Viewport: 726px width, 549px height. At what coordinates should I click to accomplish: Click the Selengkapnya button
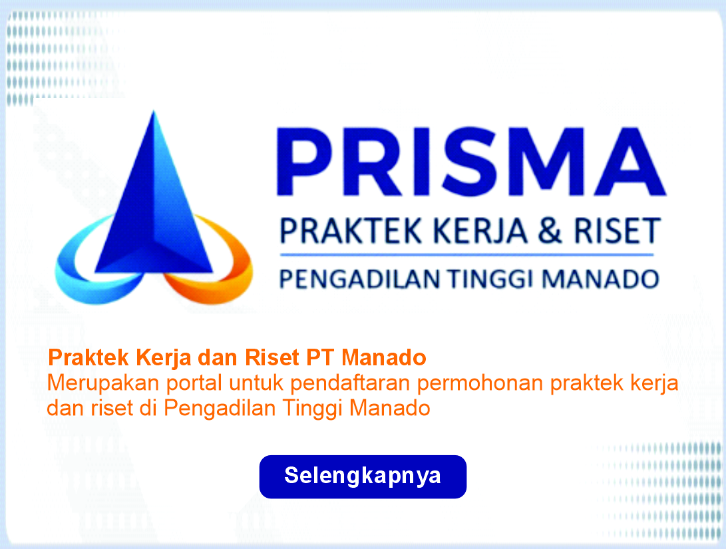363,476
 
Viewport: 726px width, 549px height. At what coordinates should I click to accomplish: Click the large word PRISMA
471,162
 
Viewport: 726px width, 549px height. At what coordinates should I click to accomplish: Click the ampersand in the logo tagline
550,230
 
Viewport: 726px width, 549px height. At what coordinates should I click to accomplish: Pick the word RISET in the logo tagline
617,230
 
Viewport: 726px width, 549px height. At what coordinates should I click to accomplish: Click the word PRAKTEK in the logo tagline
351,230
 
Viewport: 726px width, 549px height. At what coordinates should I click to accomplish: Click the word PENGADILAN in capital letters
360,279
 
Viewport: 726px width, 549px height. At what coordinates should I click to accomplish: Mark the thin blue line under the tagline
466,255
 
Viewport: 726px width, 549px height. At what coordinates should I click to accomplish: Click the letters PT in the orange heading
320,357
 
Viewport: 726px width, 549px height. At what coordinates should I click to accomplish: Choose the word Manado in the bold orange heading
384,357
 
